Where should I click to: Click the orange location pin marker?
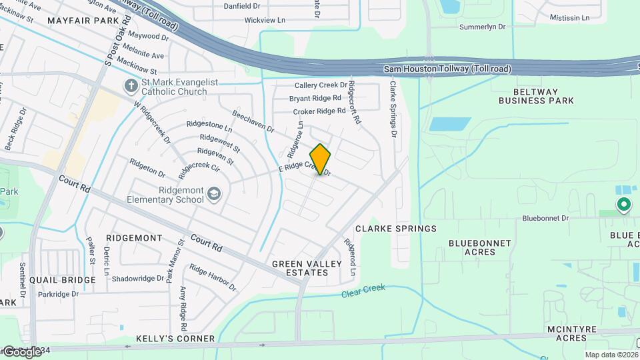[x=320, y=159]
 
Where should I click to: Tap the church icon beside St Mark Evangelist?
[x=131, y=86]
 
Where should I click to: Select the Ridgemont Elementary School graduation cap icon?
[x=214, y=193]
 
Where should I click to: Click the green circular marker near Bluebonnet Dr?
[x=624, y=205]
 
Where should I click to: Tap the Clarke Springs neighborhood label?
[x=396, y=229]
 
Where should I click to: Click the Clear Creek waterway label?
[x=363, y=291]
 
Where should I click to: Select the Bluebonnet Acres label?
[x=480, y=247]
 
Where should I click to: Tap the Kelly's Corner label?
[x=175, y=339]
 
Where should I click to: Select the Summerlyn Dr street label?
[x=483, y=27]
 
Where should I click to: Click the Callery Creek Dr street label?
[x=321, y=85]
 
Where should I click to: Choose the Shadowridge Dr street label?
[x=138, y=279]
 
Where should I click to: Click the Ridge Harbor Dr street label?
[x=213, y=277]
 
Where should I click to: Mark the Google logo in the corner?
[x=21, y=351]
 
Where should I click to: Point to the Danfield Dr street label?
[x=241, y=5]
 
